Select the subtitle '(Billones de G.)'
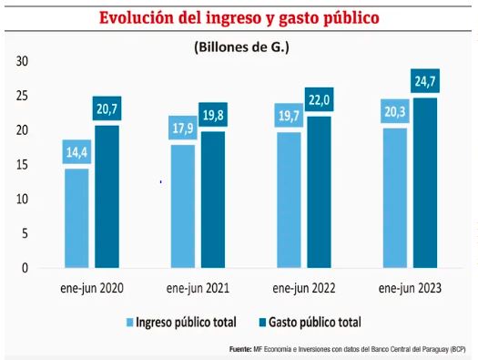[240, 46]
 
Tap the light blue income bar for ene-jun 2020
[76, 218]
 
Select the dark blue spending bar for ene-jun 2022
[320, 191]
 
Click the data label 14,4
[76, 151]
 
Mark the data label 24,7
[425, 81]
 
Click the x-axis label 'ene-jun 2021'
[198, 288]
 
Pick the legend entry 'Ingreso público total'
[187, 322]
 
